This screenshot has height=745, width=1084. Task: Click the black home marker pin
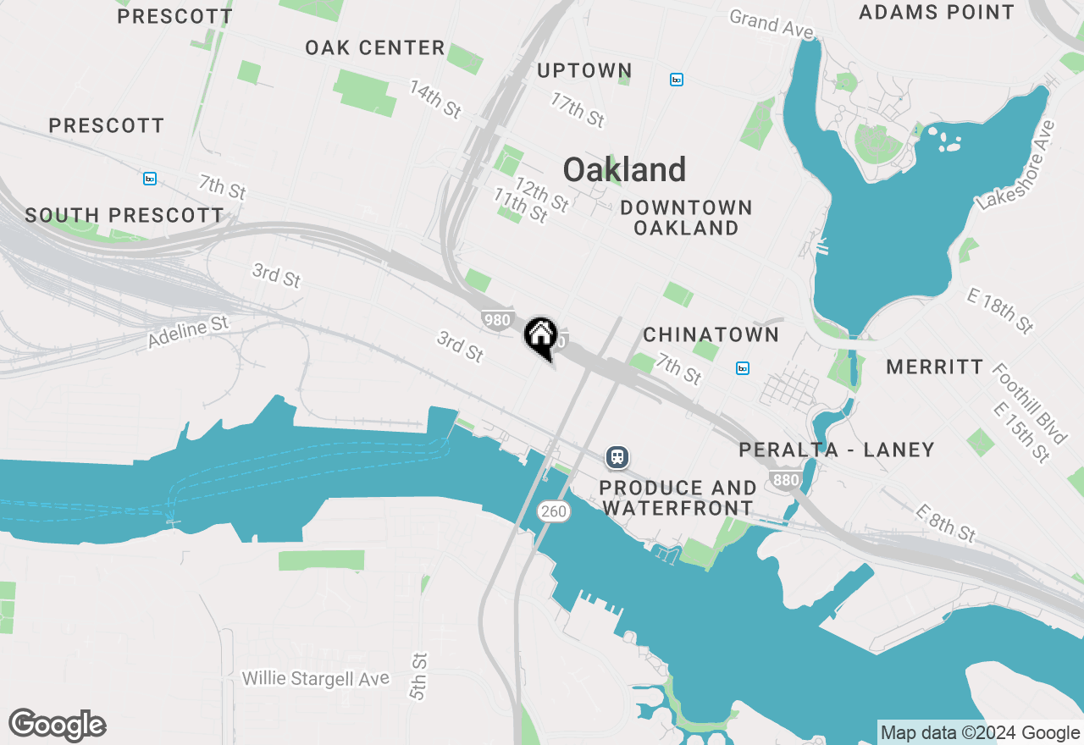coord(540,336)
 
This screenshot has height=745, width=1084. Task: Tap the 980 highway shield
coord(496,320)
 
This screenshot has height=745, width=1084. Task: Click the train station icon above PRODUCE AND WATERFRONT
coord(617,458)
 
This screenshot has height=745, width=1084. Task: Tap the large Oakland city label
coord(624,170)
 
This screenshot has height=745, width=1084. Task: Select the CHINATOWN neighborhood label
coord(711,334)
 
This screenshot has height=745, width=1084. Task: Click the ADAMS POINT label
coord(936,13)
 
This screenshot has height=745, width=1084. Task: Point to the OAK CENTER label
coord(375,48)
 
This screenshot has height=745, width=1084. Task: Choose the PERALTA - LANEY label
coord(836,450)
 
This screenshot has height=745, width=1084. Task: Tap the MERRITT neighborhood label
coord(935,367)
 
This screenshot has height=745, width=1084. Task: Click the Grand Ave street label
coord(772,23)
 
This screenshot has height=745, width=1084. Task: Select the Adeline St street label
coord(188,332)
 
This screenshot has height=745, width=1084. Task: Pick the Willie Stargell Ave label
coord(316,679)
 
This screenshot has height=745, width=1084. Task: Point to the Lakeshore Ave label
coord(1017,165)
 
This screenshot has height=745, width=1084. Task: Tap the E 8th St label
coord(945,522)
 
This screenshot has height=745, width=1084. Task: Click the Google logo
coord(58,726)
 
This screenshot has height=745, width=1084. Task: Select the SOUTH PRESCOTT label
coord(124,216)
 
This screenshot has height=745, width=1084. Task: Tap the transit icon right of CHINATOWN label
coord(742,368)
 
